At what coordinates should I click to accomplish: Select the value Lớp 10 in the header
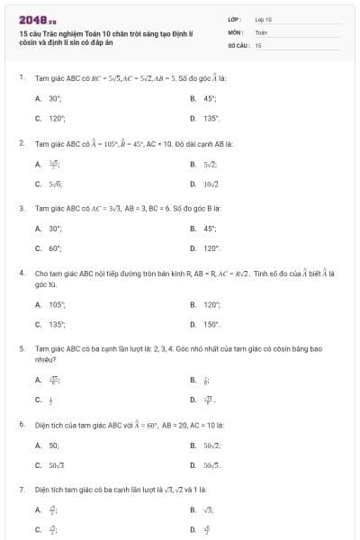tap(264, 19)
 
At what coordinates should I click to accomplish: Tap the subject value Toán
tap(261, 31)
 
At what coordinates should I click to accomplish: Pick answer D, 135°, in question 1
tap(211, 118)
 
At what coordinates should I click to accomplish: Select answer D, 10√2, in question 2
tap(212, 184)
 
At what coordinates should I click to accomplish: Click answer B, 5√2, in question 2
tap(211, 164)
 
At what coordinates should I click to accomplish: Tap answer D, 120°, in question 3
tap(211, 247)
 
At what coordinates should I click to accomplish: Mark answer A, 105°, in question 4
tap(56, 304)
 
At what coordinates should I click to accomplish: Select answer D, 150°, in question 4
tap(211, 324)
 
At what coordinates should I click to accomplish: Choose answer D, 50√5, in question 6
tap(212, 464)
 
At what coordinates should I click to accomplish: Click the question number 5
tap(21, 346)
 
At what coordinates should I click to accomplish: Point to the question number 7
tap(21, 489)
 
